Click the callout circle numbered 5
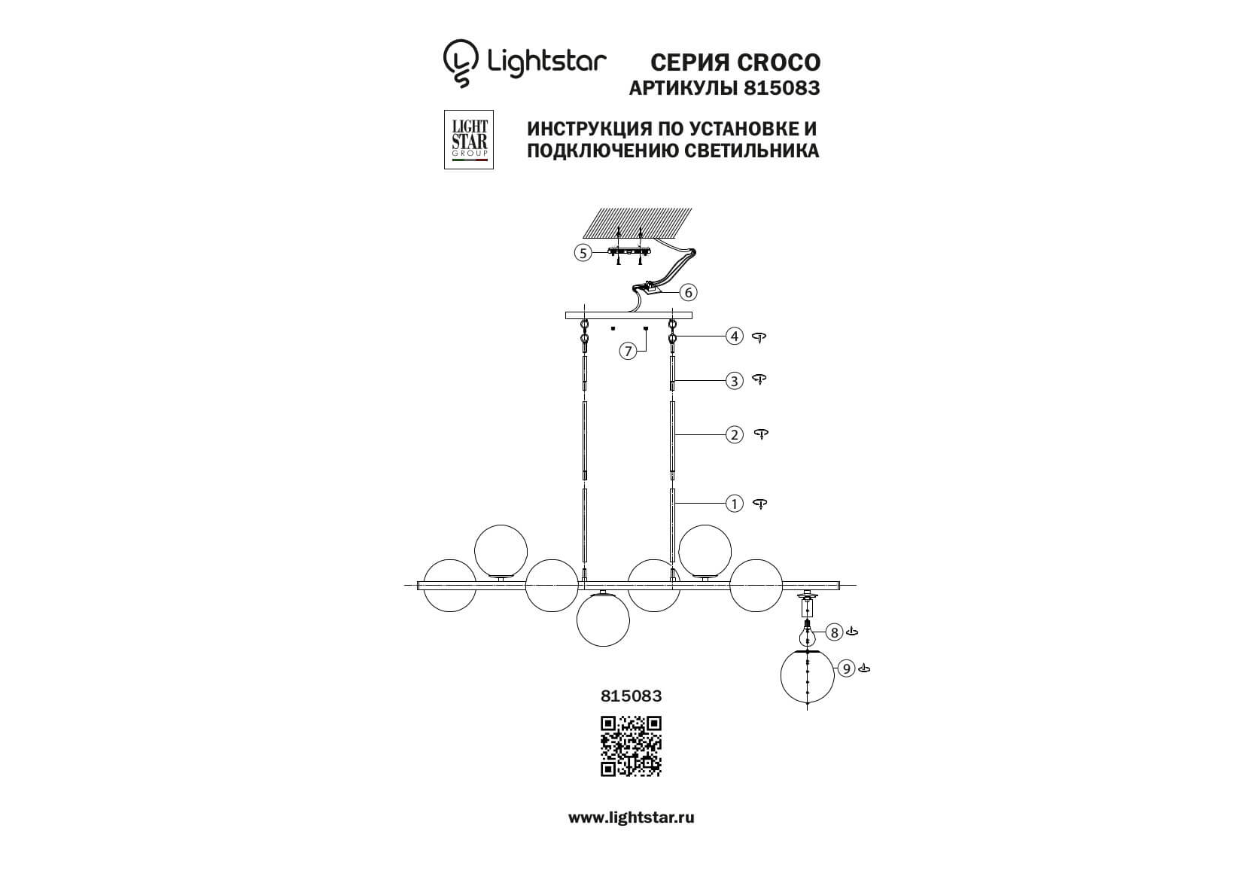coord(583,253)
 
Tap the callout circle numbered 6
coord(688,292)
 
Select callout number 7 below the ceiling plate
coord(628,352)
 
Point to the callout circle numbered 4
coord(734,336)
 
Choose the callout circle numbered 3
coord(734,381)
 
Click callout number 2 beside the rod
coord(734,435)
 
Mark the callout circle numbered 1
coord(734,504)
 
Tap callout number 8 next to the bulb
coord(835,632)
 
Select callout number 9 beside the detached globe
coord(846,668)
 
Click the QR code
coord(632,747)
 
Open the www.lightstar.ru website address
coord(632,818)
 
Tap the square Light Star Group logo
coord(469,139)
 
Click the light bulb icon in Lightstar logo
coord(461,63)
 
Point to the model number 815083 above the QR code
coord(632,696)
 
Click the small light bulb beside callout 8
coord(807,633)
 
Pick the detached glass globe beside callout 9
coord(807,676)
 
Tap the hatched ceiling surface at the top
coord(638,223)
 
